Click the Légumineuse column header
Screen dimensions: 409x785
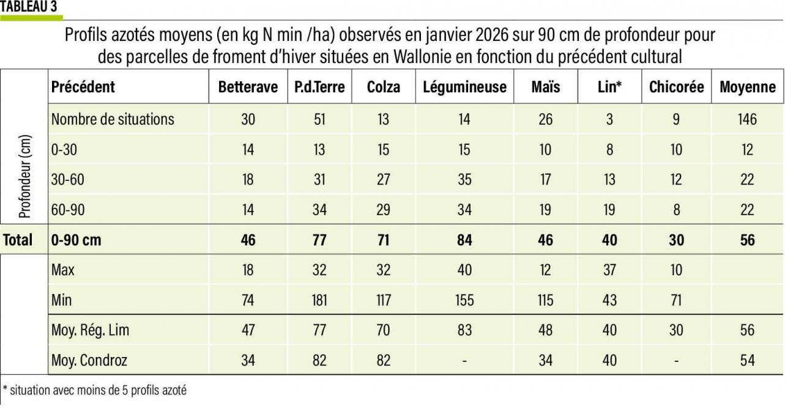[x=464, y=87]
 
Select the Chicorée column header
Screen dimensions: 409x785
[x=676, y=87]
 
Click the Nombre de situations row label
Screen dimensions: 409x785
[x=113, y=119]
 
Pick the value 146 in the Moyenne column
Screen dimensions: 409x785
[x=747, y=119]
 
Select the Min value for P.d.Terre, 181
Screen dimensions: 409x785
[x=319, y=300]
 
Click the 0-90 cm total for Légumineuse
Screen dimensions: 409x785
[x=464, y=240]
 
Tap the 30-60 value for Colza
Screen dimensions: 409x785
[x=383, y=180]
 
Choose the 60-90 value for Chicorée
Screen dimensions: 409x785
[x=676, y=210]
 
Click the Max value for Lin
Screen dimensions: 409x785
[x=609, y=270]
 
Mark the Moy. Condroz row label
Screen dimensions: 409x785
[x=89, y=360]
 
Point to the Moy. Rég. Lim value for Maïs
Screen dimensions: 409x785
[x=545, y=330]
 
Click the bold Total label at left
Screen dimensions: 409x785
[x=18, y=240]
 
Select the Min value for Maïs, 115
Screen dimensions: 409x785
[x=545, y=300]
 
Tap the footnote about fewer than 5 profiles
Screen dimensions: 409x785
[x=95, y=390]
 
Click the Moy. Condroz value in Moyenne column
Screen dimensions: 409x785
[x=747, y=360]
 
